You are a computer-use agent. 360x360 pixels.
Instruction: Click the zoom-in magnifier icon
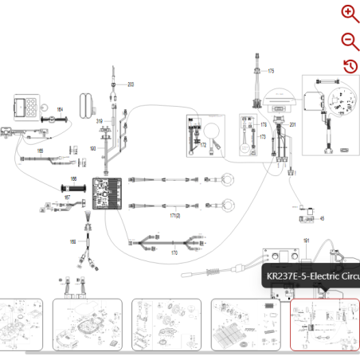click(349, 13)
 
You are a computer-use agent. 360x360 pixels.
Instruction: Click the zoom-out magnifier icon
click(349, 41)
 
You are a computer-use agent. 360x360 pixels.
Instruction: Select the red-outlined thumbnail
click(324, 324)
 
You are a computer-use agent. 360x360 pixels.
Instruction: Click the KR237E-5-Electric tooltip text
click(312, 276)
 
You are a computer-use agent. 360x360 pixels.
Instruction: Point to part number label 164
click(60, 109)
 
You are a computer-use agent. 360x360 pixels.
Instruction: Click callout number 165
click(40, 149)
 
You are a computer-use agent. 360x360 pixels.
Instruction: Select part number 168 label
click(72, 241)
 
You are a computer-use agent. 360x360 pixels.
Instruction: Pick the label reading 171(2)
click(174, 216)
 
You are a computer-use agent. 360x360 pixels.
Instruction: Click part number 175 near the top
click(271, 71)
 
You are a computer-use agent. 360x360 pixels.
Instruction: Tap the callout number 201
click(292, 126)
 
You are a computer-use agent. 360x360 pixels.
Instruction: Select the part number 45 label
click(322, 217)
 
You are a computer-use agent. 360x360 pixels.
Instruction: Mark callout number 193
click(92, 149)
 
